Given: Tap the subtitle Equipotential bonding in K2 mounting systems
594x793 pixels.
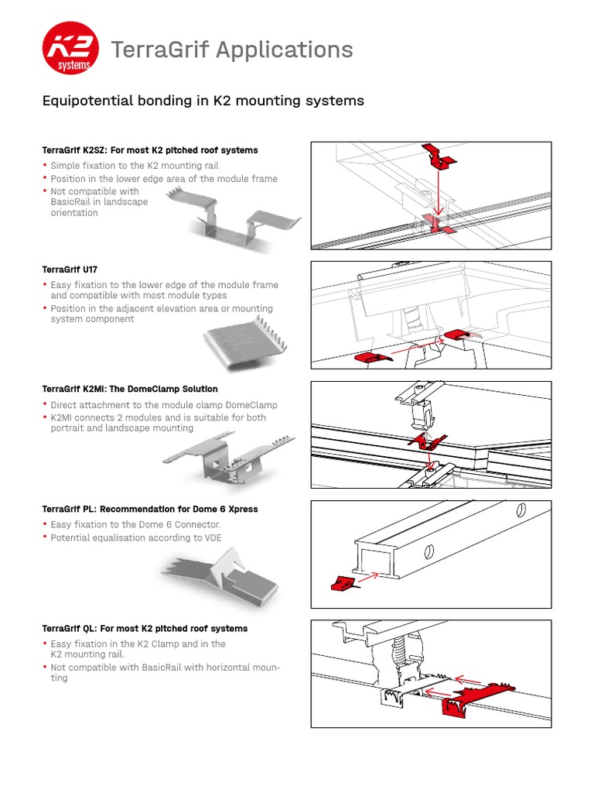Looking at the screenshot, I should coord(202,101).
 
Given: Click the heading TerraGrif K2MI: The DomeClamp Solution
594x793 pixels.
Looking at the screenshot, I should coord(129,389).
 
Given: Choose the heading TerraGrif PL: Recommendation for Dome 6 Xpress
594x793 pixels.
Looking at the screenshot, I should coord(149,509).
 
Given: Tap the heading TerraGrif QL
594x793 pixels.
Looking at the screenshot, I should coord(145,628).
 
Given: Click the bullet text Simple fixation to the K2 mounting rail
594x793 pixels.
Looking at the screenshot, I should coord(135,166).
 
